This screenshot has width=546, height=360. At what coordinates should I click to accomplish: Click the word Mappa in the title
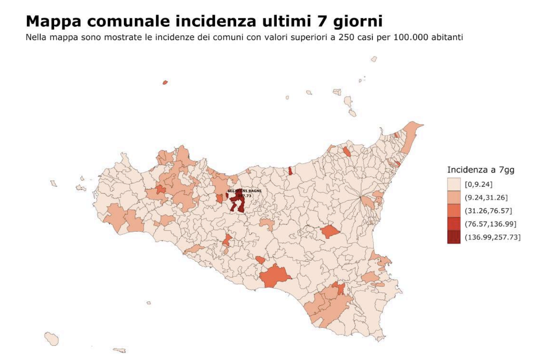click(53, 21)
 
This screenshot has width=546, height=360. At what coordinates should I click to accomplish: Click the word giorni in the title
click(358, 21)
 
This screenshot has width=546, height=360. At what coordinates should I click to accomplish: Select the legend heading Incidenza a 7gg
click(481, 170)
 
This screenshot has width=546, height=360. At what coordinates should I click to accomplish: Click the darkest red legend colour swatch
click(454, 237)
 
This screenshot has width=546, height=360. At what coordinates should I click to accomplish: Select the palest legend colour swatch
click(454, 184)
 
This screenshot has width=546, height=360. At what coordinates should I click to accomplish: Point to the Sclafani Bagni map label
click(244, 191)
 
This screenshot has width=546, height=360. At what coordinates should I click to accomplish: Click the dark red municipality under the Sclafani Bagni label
click(238, 204)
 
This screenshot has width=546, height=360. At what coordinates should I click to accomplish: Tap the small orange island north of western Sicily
click(165, 82)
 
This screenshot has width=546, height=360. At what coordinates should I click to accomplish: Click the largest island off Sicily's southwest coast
click(51, 338)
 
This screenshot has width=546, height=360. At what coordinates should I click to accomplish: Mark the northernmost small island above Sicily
click(374, 59)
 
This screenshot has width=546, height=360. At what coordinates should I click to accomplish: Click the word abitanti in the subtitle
click(447, 37)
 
